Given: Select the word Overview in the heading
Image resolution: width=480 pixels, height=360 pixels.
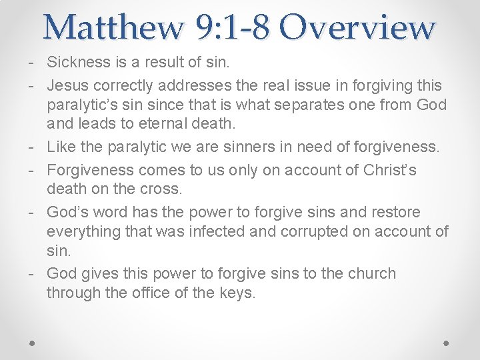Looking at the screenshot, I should click(x=357, y=27).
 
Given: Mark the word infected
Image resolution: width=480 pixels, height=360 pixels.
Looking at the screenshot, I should click(x=223, y=231).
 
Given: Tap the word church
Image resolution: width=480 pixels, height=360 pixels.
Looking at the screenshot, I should click(x=371, y=273).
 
